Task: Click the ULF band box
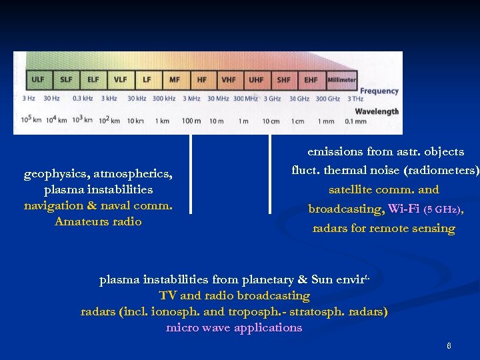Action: (x=38, y=79)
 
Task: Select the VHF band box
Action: (x=229, y=79)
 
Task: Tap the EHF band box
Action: (x=311, y=79)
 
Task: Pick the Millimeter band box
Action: (x=341, y=79)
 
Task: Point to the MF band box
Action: (x=174, y=79)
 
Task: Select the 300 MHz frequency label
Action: (x=246, y=99)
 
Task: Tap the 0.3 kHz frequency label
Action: (x=83, y=99)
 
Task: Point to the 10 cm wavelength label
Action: (x=271, y=121)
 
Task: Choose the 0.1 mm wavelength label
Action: (x=355, y=121)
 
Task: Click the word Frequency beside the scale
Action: (x=379, y=91)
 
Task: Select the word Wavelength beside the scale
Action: (x=377, y=111)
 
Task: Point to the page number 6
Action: (x=449, y=346)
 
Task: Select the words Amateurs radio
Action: (x=98, y=222)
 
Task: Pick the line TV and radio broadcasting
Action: (x=234, y=295)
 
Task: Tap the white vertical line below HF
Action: (x=191, y=173)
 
